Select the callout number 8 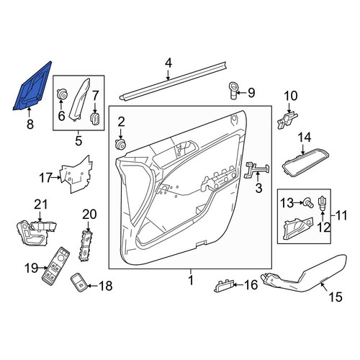pyautogui.click(x=30, y=125)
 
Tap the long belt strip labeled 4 pyautogui.click(x=173, y=81)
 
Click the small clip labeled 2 pyautogui.click(x=120, y=143)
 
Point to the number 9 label pyautogui.click(x=251, y=93)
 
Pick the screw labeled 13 pyautogui.click(x=308, y=202)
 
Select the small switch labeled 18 pyautogui.click(x=78, y=282)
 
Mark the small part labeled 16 pyautogui.click(x=223, y=286)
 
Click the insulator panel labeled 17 pyautogui.click(x=76, y=174)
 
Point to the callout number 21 pyautogui.click(x=41, y=204)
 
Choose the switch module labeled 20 pyautogui.click(x=85, y=246)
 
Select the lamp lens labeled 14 pyautogui.click(x=305, y=163)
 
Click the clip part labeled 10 pyautogui.click(x=287, y=120)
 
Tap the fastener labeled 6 pyautogui.click(x=61, y=94)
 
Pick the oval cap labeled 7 pyautogui.click(x=94, y=120)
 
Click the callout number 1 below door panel pyautogui.click(x=191, y=280)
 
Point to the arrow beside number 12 pyautogui.click(x=323, y=215)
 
